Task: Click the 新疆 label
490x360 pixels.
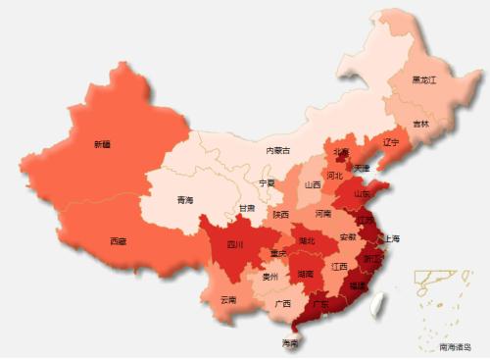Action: (102, 144)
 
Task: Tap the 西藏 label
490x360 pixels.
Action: (118, 240)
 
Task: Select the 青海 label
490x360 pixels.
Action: (185, 200)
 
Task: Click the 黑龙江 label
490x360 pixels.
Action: (424, 79)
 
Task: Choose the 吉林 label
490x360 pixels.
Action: (420, 124)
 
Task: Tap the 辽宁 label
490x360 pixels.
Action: (392, 142)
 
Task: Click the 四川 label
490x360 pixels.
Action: (235, 244)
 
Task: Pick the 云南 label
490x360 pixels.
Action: (228, 299)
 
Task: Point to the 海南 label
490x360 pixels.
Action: (290, 343)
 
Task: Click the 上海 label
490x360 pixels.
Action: (392, 238)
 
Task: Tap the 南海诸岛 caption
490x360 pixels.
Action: (456, 347)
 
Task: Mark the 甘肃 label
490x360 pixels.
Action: (246, 208)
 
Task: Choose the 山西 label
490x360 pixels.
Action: (313, 183)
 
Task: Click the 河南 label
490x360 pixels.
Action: (323, 213)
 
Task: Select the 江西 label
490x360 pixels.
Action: (339, 266)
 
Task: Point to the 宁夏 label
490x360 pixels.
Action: (267, 183)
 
